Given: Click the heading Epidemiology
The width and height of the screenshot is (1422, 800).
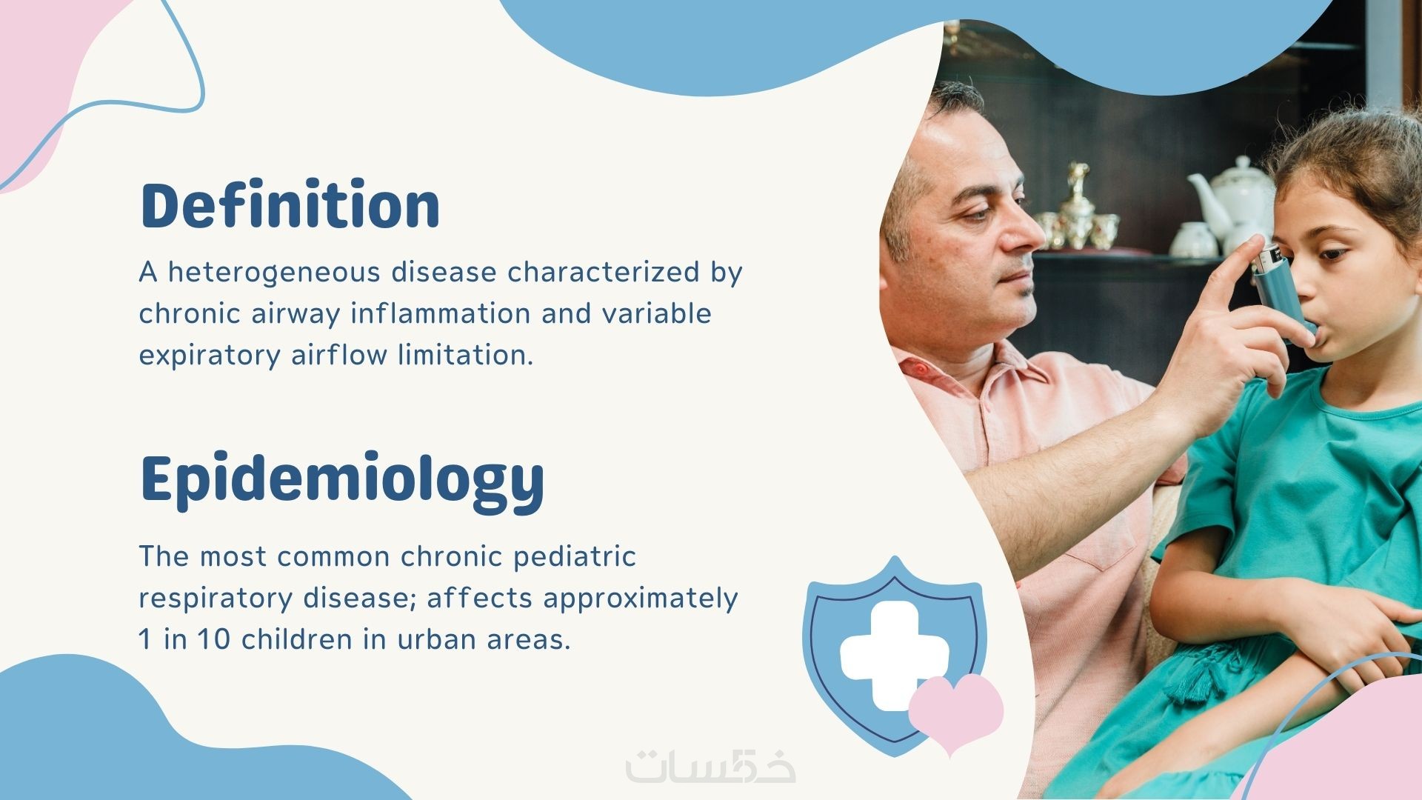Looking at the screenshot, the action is click(x=342, y=480).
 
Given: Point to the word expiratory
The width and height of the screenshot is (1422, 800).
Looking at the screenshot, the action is click(x=210, y=356).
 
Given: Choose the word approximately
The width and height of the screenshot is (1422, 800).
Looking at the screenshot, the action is click(x=641, y=599).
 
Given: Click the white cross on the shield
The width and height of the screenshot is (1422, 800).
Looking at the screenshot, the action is click(x=894, y=655).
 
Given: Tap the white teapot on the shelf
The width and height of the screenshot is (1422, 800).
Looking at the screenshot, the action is click(x=1229, y=196).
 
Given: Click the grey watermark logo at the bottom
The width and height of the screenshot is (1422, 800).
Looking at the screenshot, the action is click(x=710, y=767).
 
